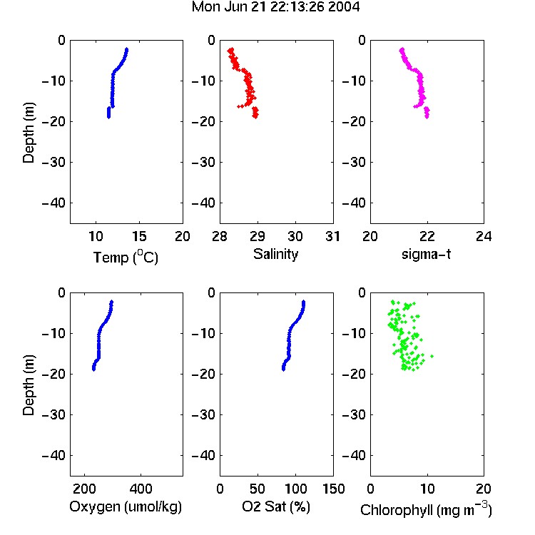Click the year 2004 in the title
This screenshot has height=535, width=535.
click(x=344, y=7)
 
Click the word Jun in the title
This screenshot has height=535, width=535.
click(x=235, y=7)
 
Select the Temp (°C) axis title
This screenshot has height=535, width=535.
click(x=126, y=257)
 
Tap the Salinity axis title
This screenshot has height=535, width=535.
click(x=275, y=254)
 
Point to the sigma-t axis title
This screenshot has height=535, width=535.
click(x=427, y=254)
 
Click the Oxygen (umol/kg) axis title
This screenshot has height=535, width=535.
click(x=126, y=506)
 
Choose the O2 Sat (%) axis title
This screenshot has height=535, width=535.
click(x=276, y=506)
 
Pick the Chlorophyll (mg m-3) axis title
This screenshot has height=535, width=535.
click(x=426, y=510)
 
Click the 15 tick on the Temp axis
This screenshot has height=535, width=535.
click(x=139, y=236)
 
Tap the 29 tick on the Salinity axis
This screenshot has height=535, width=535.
click(x=258, y=236)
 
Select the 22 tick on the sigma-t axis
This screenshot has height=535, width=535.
click(x=427, y=236)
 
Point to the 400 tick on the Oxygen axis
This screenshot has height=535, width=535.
click(x=141, y=489)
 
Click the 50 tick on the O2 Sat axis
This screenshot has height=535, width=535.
click(x=258, y=489)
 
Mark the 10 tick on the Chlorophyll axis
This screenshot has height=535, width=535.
click(x=427, y=489)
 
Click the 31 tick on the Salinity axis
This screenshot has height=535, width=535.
click(x=333, y=236)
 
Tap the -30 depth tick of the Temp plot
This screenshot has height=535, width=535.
click(x=53, y=162)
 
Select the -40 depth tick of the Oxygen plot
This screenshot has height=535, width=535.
click(x=53, y=455)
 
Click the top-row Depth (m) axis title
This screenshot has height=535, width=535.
click(x=29, y=133)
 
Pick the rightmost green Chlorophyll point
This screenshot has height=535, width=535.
click(x=432, y=356)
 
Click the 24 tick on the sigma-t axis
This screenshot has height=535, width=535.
click(x=484, y=236)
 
